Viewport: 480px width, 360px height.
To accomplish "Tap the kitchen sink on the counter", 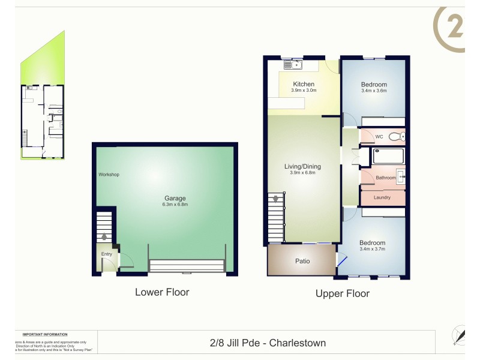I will (x=295, y=64).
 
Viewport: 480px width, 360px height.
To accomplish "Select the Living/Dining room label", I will (x=303, y=166).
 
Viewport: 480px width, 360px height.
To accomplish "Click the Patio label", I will (x=302, y=261).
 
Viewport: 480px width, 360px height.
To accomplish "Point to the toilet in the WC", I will (x=395, y=137).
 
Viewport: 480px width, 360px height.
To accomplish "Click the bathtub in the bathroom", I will (x=389, y=157).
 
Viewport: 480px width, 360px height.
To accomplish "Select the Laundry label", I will (x=382, y=197).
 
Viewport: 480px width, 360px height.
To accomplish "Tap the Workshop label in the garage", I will (x=109, y=175).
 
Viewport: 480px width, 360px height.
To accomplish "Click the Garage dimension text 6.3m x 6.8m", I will (x=175, y=205).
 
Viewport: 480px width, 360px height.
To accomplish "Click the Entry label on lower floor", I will (x=106, y=254).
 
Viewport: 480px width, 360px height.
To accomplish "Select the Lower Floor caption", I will (x=162, y=293).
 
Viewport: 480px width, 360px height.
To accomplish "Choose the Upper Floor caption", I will (x=343, y=293).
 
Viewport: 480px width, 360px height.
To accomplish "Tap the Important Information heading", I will (x=45, y=334).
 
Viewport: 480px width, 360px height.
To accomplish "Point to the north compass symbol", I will (x=459, y=334).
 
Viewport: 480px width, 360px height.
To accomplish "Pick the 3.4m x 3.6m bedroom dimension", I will (x=374, y=91).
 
